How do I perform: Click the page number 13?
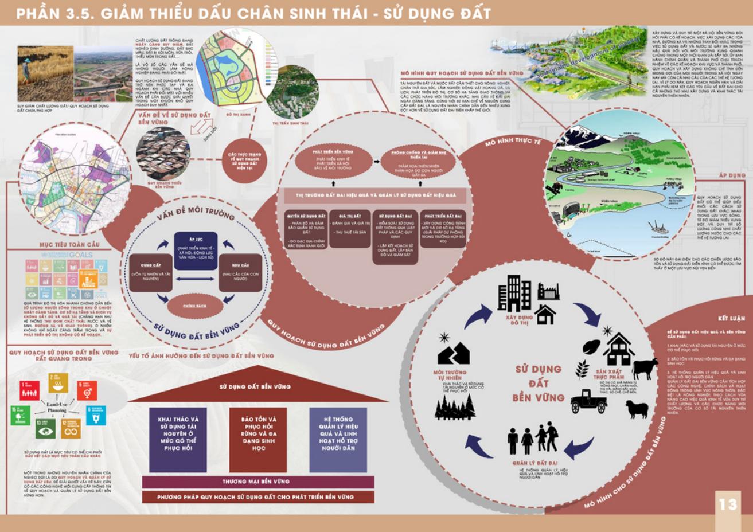click(728, 504)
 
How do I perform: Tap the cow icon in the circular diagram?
click(645, 368)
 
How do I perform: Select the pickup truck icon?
click(588, 401)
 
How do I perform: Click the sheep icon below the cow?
click(637, 409)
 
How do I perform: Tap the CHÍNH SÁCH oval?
click(194, 306)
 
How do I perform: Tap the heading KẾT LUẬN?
click(731, 319)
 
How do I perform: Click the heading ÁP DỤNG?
click(732, 175)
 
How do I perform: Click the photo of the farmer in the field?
click(45, 73)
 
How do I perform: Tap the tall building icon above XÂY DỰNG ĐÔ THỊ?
click(514, 293)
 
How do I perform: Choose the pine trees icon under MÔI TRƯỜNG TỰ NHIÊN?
click(455, 408)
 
